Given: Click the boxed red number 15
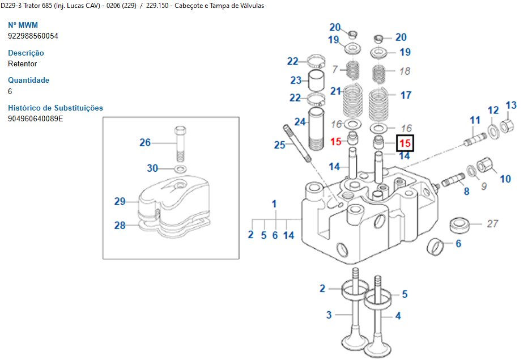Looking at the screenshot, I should [x=405, y=143].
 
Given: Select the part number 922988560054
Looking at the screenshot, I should [x=33, y=36].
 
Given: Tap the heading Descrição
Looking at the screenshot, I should [x=25, y=53].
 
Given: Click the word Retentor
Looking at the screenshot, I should [x=22, y=63].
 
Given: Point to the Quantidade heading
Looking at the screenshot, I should [x=28, y=80].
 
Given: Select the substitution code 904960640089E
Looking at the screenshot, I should [x=35, y=119].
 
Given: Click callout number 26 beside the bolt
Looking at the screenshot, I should [x=145, y=142].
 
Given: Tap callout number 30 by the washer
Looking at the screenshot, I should [x=152, y=168].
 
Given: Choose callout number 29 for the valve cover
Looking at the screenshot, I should [x=120, y=201].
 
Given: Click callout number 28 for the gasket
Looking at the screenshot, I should [x=120, y=225].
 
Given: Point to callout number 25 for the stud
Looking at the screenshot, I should [x=280, y=145].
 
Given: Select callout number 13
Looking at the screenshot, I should [x=511, y=105].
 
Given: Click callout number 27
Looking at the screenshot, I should [x=493, y=224].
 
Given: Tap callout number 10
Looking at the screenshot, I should [x=505, y=179].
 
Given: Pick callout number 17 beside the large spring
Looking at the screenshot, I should [x=406, y=95].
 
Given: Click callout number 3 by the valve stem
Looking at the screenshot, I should [x=329, y=315].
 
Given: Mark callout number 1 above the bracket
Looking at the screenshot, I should [x=274, y=204].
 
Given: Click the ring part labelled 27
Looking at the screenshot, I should [x=461, y=225].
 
